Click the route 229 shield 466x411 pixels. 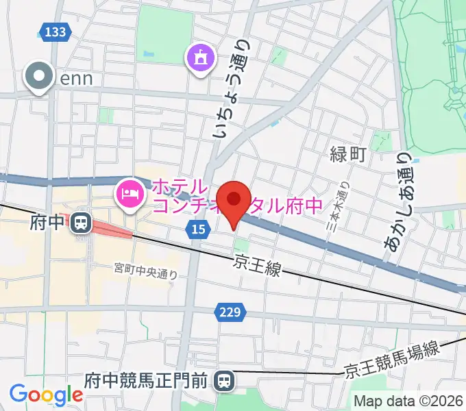click(230, 312)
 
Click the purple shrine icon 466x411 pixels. click(199, 58)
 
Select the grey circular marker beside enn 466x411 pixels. click(39, 77)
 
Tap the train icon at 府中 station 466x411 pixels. click(81, 222)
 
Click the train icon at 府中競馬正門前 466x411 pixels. click(223, 379)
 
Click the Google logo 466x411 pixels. click(46, 394)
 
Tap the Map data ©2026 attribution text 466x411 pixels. click(408, 401)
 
